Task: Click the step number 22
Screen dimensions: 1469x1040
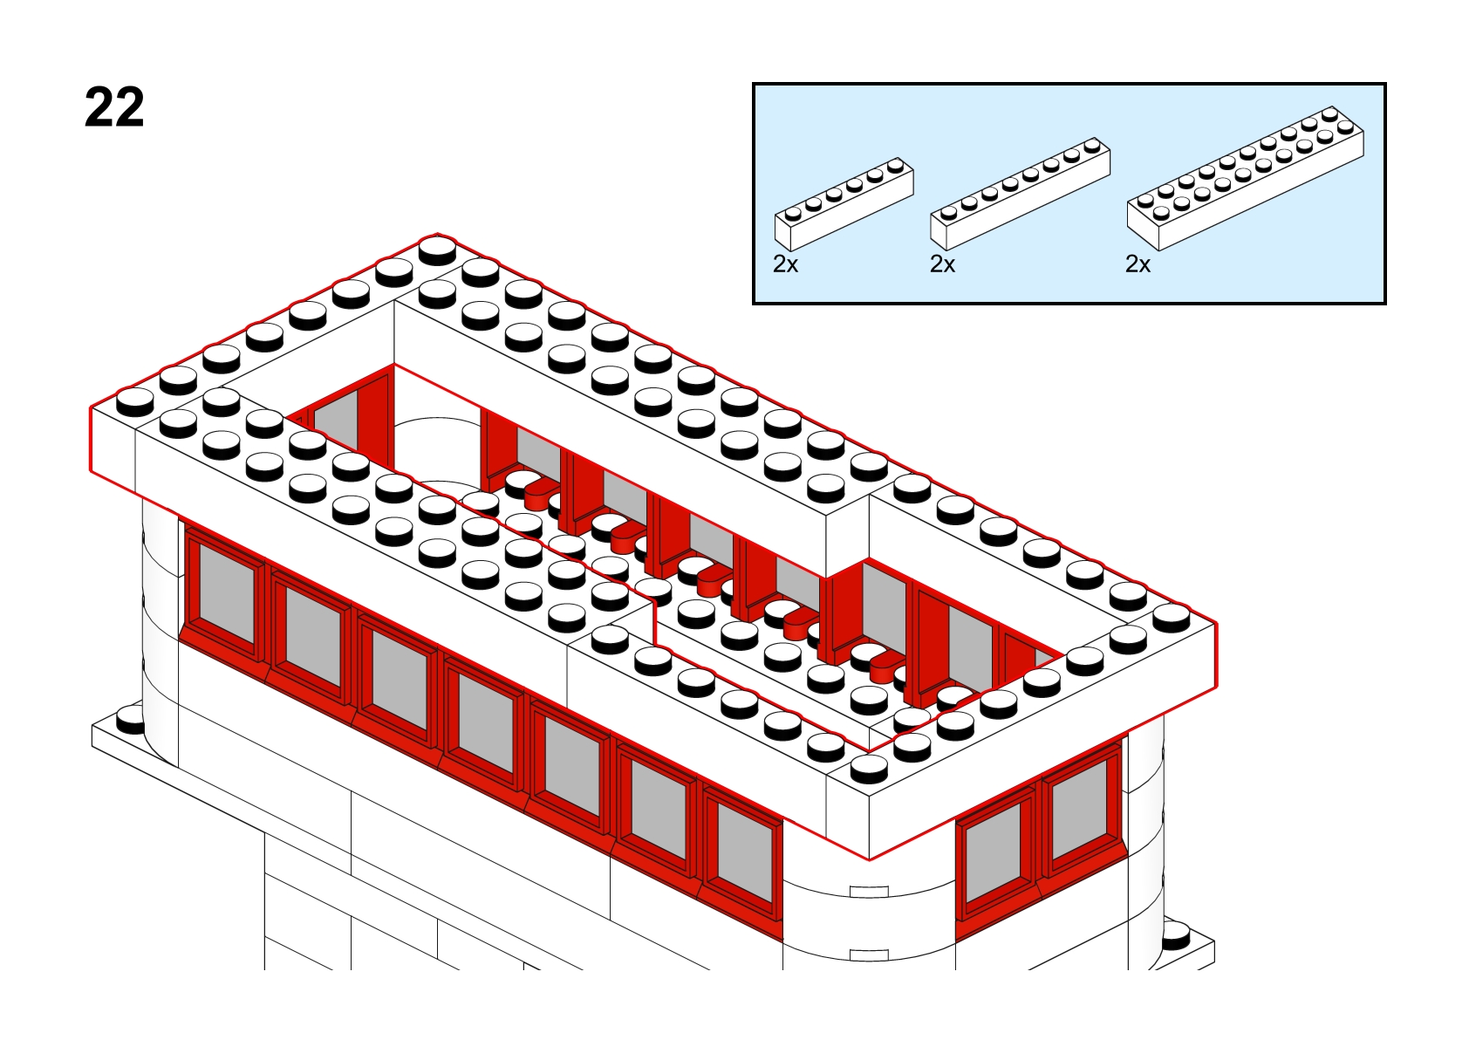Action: point(114,107)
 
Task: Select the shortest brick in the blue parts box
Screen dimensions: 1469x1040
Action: point(844,203)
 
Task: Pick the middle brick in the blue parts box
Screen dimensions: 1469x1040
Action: point(1021,194)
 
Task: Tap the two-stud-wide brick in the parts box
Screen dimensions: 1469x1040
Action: point(1246,178)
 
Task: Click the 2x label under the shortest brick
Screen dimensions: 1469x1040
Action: point(786,263)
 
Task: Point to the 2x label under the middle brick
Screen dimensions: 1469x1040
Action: point(942,263)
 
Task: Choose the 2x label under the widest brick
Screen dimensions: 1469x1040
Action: point(1138,263)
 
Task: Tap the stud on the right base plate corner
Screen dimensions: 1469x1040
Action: point(1175,936)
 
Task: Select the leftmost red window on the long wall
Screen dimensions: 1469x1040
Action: point(225,593)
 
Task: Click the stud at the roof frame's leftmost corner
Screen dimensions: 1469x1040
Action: point(135,401)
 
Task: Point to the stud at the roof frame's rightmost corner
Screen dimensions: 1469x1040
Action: point(1172,618)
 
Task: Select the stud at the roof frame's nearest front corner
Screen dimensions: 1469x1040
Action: point(869,769)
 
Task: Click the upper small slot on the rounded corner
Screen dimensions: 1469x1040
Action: point(869,892)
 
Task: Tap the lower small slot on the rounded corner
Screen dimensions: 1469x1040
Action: point(869,954)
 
